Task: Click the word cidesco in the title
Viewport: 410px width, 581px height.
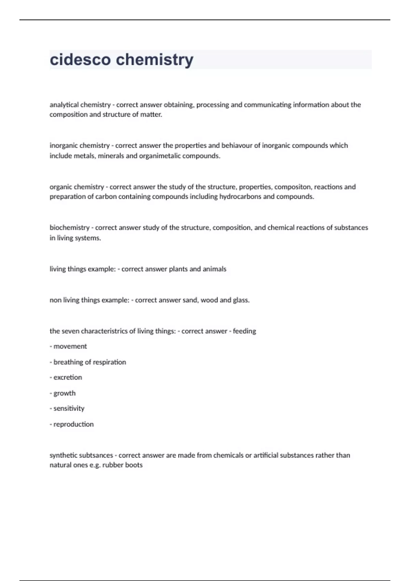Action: pos(80,59)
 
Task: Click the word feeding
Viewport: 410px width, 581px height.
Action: pos(244,331)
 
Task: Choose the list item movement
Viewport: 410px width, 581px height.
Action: pos(70,346)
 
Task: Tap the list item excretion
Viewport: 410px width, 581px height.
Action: pos(68,377)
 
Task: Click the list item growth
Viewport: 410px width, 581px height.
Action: pos(64,393)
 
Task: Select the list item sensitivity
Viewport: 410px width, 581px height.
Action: pos(69,408)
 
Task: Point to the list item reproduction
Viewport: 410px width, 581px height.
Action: pos(73,424)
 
